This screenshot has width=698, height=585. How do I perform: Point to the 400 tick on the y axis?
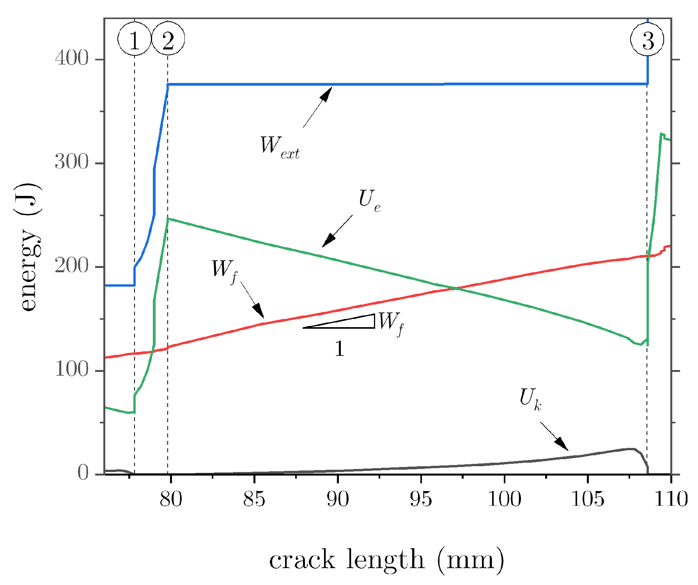(x=72, y=59)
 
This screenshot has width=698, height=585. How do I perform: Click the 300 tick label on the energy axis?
(x=72, y=163)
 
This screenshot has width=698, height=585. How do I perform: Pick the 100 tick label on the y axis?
(x=72, y=370)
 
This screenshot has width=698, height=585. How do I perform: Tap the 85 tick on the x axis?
(x=254, y=499)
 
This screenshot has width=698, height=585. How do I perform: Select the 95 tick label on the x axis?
(x=421, y=499)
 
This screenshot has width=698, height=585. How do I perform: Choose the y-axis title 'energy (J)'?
(x=29, y=247)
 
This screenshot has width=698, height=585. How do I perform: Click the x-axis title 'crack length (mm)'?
(x=386, y=560)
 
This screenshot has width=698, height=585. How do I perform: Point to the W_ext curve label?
(x=279, y=147)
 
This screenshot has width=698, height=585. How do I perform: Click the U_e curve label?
(x=369, y=201)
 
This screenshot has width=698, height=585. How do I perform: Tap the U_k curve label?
(x=530, y=399)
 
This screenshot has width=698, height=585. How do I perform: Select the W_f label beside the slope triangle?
(x=391, y=324)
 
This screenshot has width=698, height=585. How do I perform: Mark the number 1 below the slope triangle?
(x=339, y=348)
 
